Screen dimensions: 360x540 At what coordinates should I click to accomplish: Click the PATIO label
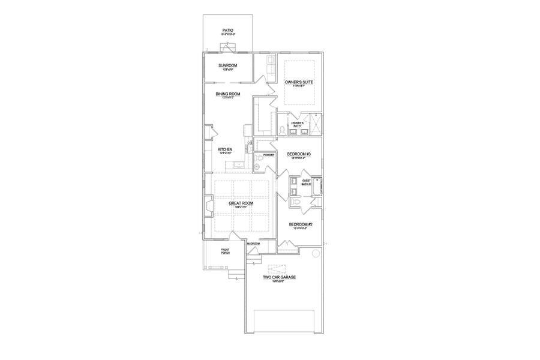tap(227, 29)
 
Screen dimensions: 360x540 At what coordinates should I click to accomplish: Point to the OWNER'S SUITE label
tap(299, 82)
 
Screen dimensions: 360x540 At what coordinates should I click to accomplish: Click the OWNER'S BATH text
tap(298, 124)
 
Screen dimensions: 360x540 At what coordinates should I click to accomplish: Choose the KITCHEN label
tap(225, 149)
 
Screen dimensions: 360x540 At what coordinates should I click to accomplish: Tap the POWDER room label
tap(268, 155)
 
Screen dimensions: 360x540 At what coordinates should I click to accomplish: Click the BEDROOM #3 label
tap(299, 154)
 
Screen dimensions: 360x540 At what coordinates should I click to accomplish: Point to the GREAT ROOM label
tap(241, 203)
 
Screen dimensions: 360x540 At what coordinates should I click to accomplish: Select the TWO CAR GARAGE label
tap(280, 278)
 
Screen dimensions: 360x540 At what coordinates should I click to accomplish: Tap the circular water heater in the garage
tap(314, 254)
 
